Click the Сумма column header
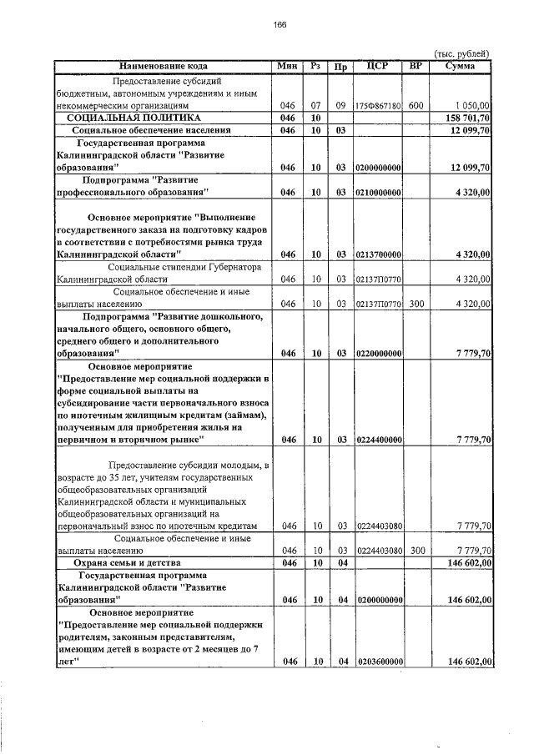coord(461,66)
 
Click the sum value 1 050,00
coord(472,107)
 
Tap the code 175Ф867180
coord(379,107)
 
